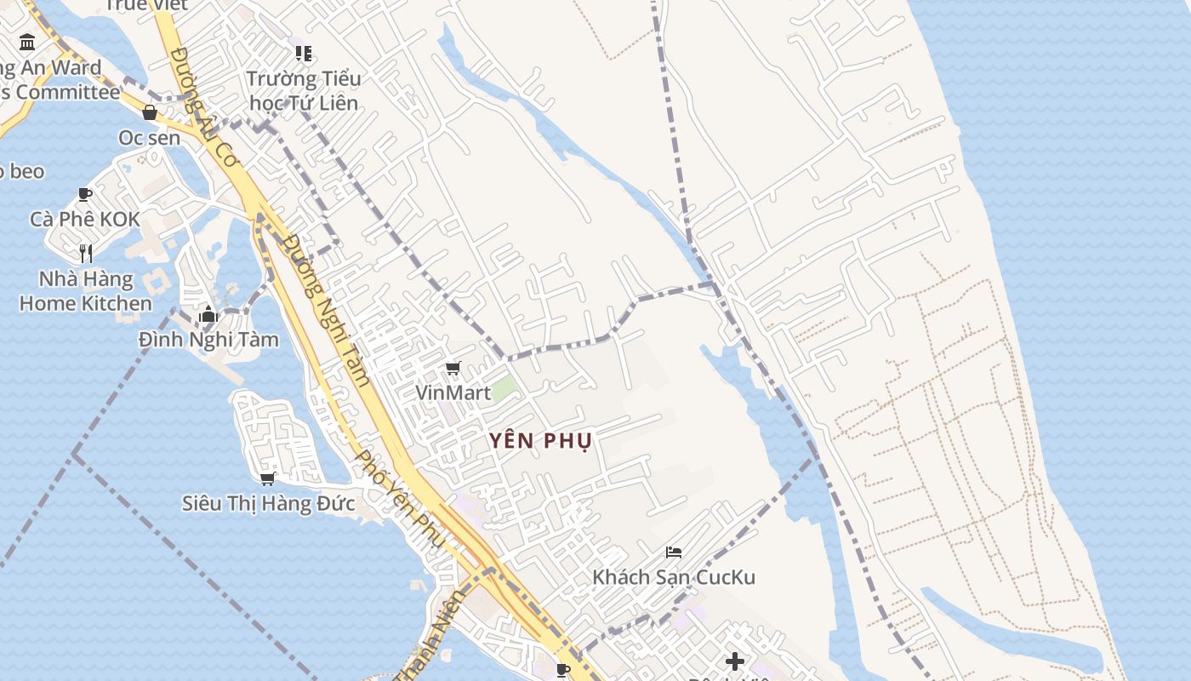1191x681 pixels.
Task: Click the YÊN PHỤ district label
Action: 540,440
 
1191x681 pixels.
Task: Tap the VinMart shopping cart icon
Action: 453,369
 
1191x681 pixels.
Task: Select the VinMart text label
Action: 453,392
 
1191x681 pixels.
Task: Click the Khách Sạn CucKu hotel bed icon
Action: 674,552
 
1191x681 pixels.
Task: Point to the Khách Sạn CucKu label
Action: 674,577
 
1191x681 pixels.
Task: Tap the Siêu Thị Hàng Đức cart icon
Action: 268,478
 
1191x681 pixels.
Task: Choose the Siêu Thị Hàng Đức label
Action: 268,503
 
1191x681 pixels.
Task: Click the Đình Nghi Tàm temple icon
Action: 208,315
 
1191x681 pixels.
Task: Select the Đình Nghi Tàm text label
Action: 208,340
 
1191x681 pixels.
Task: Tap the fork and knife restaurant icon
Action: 85,253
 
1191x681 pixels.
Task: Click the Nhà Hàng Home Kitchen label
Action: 85,291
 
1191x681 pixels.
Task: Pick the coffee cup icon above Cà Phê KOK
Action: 85,194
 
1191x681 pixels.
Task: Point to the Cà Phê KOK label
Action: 85,219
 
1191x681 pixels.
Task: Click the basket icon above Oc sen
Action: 150,112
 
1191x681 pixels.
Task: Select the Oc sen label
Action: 150,137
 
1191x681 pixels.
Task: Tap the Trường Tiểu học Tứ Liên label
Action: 304,90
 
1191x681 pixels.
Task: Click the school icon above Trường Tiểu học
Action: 304,54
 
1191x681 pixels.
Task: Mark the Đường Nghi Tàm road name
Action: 328,311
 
